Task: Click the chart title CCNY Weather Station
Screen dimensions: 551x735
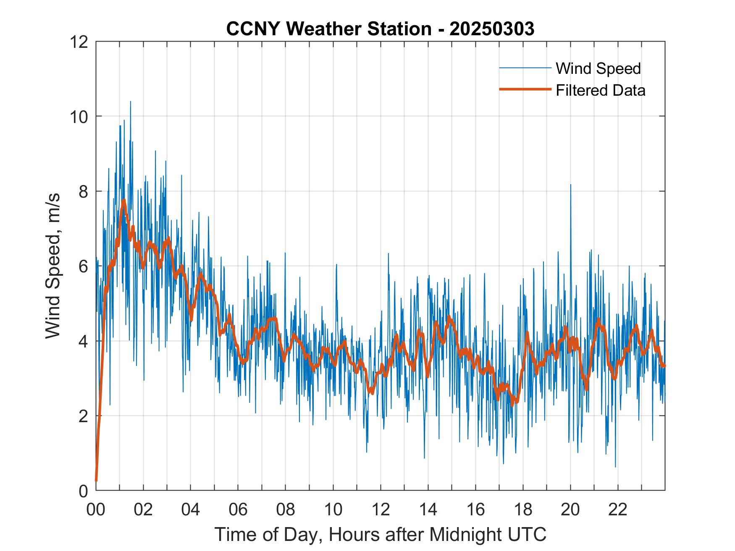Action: click(x=380, y=29)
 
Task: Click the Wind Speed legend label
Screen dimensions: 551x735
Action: click(x=598, y=68)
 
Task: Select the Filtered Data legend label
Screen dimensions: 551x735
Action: click(x=600, y=90)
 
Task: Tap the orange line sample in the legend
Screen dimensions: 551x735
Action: click(x=525, y=89)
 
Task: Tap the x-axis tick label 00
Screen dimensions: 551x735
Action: click(x=96, y=509)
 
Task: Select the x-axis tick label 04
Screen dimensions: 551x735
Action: click(x=190, y=509)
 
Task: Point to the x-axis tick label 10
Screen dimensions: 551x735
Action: click(x=333, y=509)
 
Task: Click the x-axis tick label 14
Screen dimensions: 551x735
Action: click(x=428, y=509)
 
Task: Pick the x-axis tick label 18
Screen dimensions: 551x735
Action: click(x=523, y=509)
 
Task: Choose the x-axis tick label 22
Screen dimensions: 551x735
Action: click(x=618, y=509)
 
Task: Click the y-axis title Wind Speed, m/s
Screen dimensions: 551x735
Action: click(x=53, y=266)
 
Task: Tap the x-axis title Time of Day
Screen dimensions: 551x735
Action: click(x=380, y=535)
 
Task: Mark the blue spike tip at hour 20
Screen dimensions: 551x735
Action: click(x=570, y=184)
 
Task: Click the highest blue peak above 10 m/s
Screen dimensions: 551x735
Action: click(x=130, y=102)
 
